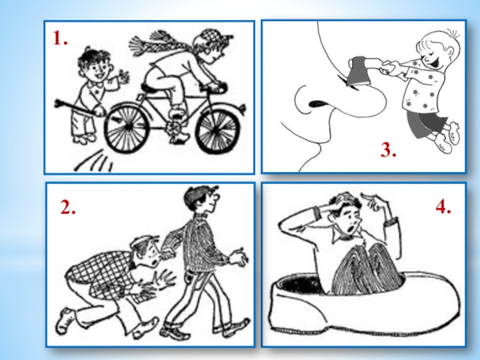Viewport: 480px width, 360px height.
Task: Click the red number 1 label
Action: click(x=60, y=38)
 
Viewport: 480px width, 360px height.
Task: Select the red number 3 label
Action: click(x=388, y=150)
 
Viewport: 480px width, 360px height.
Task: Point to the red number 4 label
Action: click(x=443, y=206)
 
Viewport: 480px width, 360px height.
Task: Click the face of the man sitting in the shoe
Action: click(x=349, y=220)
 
